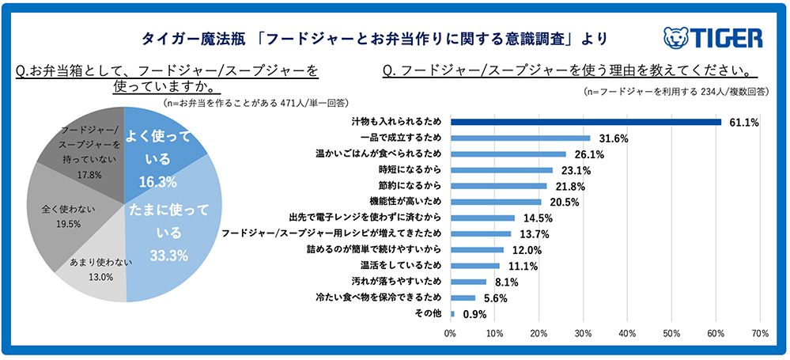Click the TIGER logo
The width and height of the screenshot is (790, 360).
click(713, 38)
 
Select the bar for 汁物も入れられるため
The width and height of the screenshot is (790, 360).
click(585, 122)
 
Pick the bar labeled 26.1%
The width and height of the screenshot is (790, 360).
click(508, 154)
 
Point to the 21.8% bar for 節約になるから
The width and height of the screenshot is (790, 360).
click(498, 186)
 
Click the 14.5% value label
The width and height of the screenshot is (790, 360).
click(535, 218)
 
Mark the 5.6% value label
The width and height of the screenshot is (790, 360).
click(495, 298)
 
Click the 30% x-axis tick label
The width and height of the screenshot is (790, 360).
click(583, 333)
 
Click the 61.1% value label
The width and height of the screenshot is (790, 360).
click(743, 123)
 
